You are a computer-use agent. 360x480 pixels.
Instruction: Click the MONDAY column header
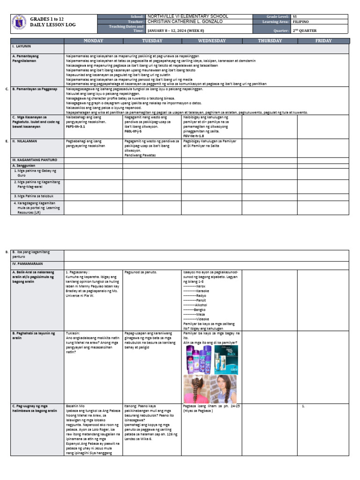tap(93, 41)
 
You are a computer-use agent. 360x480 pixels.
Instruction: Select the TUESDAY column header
tap(152, 41)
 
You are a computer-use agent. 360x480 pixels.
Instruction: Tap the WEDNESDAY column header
tap(212, 41)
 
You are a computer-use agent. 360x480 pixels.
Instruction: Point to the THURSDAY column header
tap(270, 41)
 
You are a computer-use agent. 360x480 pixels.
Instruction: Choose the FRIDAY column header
tap(323, 41)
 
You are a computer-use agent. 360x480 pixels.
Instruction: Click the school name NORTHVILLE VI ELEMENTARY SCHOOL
tap(187, 16)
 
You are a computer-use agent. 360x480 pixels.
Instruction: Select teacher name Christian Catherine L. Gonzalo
tap(185, 22)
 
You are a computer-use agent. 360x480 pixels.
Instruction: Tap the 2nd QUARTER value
tap(304, 30)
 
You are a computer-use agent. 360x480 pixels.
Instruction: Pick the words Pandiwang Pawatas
tap(140, 155)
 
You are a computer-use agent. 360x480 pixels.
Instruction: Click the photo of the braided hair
tap(196, 389)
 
